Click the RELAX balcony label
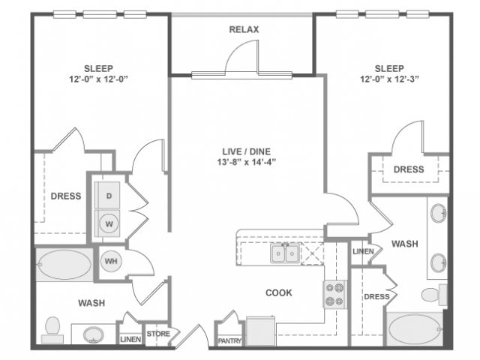click(243, 29)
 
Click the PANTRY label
click(229, 340)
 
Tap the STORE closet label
click(158, 334)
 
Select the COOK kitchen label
click(278, 292)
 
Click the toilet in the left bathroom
click(52, 327)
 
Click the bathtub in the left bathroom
click(63, 265)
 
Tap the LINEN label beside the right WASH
click(362, 251)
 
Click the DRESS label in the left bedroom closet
click(66, 196)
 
